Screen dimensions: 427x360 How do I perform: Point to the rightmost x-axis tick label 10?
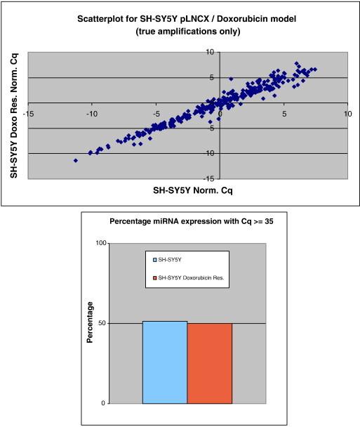click(345, 112)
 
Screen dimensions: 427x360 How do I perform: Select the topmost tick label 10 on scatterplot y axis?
click(210, 52)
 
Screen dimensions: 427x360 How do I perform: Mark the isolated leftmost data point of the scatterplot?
click(76, 160)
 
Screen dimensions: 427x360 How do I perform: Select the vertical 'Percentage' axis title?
click(89, 323)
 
